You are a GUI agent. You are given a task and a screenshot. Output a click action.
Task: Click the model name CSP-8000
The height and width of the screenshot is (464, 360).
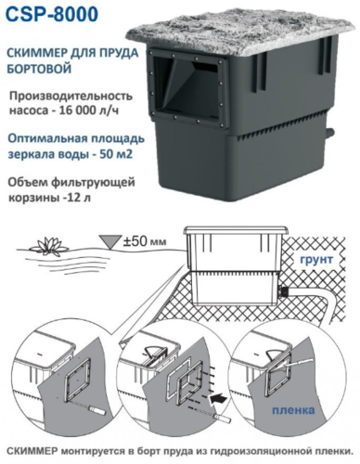tap(52, 15)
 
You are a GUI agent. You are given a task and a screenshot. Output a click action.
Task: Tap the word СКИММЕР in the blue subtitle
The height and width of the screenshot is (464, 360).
tap(32, 53)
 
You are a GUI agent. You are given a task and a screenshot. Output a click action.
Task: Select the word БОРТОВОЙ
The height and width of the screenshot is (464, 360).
tap(39, 69)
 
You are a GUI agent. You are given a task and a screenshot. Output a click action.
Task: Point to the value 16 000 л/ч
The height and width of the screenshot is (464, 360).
tap(83, 110)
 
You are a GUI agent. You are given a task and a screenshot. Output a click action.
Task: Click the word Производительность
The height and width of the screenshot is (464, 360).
tap(71, 96)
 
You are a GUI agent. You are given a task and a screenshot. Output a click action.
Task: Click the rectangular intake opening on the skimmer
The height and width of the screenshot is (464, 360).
tap(189, 87)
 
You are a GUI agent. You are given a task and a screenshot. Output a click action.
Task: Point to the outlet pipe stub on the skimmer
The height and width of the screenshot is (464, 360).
tap(329, 134)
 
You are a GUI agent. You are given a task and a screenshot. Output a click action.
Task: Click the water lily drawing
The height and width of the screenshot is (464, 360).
tap(49, 246)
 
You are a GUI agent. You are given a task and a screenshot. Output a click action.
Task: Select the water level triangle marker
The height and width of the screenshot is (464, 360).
tap(109, 241)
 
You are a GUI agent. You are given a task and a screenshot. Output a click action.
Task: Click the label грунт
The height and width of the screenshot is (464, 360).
tap(318, 259)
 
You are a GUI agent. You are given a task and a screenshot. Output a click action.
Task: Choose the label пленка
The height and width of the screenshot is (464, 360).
tap(293, 410)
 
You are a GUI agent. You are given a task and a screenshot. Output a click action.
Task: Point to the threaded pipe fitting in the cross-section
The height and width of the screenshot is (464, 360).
tap(283, 290)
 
